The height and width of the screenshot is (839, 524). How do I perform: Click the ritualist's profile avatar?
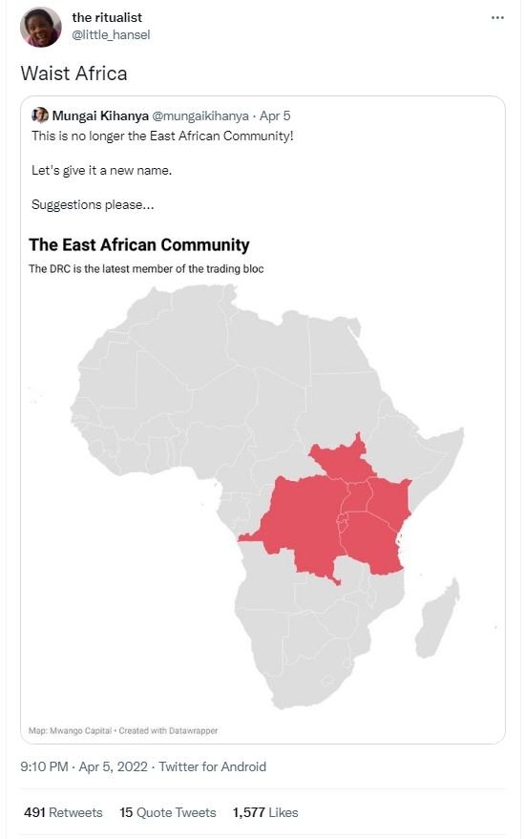point(40,27)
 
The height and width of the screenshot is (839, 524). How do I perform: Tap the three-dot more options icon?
point(496,18)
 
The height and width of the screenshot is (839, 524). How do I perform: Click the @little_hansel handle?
point(111,35)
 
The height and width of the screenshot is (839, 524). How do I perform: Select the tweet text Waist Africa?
point(73,73)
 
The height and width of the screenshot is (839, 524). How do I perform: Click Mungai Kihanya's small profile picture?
point(40,115)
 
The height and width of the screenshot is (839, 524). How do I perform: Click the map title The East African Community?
point(139,244)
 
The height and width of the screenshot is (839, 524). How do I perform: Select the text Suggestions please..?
point(93,204)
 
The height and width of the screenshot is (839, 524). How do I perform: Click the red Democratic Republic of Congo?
point(301,525)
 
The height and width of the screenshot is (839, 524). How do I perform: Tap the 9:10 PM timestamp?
point(43,766)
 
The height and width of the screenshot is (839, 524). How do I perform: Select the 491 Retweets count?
point(62,812)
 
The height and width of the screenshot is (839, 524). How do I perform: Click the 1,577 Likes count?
point(264,812)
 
